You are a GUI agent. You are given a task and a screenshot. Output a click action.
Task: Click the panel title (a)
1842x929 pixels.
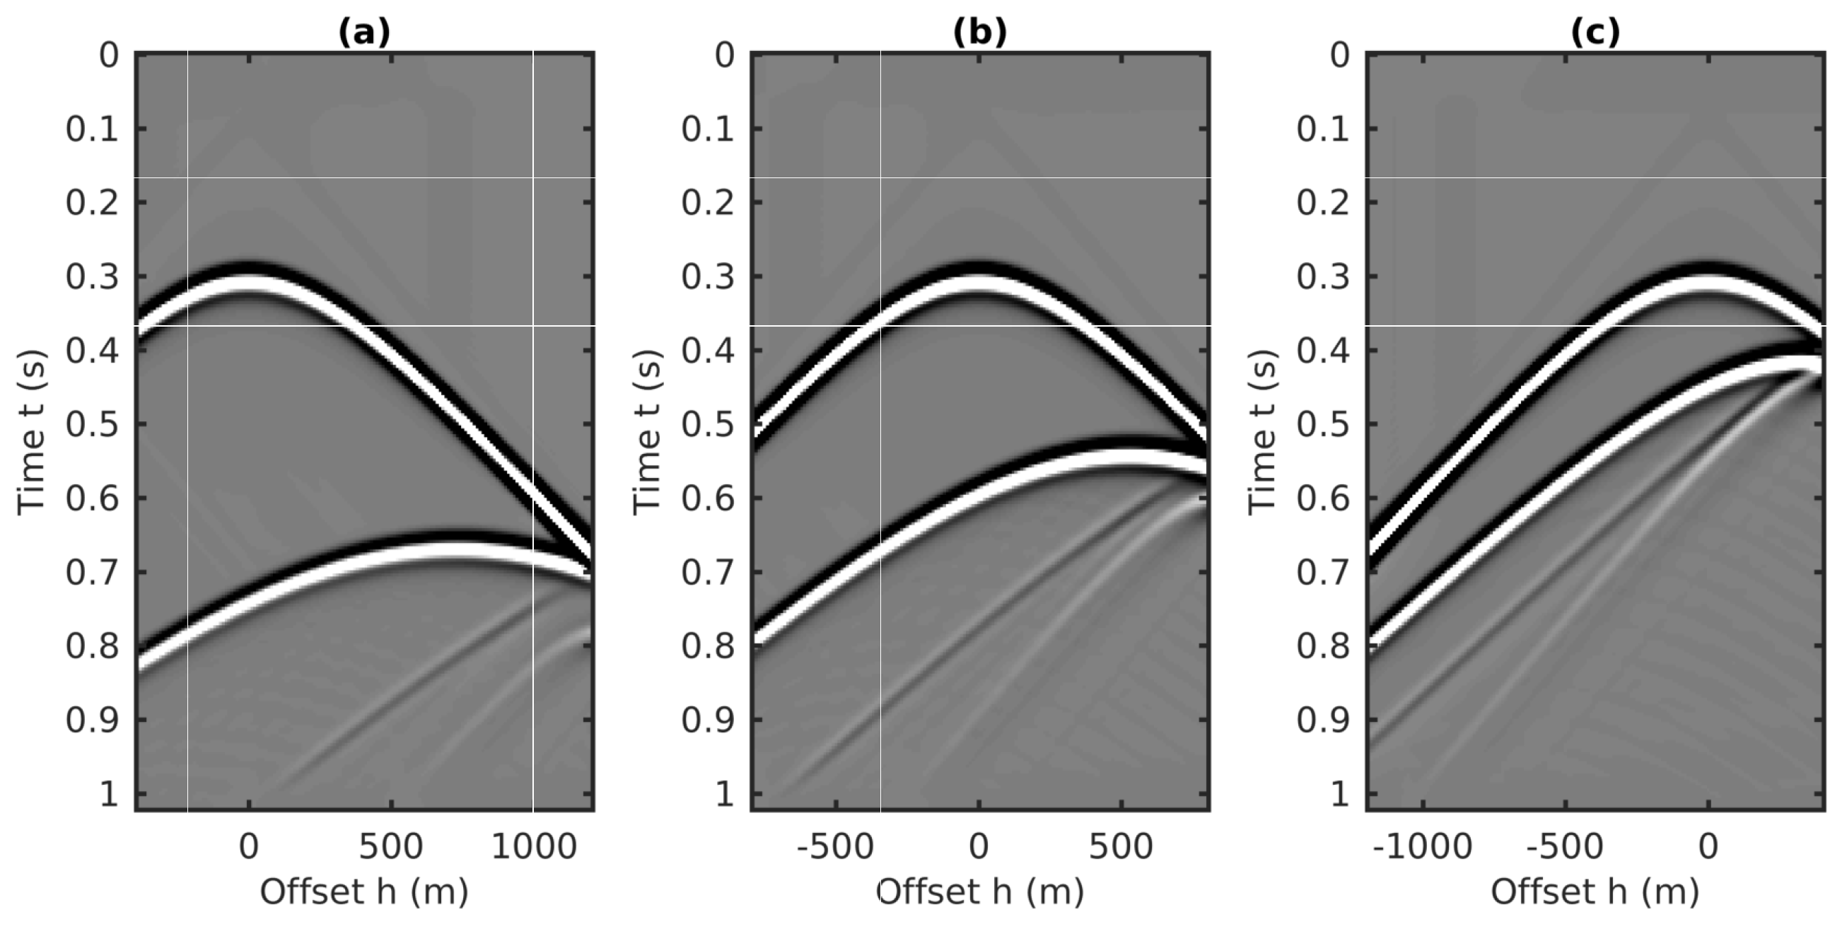364,33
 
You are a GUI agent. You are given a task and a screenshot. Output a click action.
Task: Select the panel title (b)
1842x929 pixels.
979,33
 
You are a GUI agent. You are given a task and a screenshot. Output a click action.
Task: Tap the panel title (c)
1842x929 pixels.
1595,33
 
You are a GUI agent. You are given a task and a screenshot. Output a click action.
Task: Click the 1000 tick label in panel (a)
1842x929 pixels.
533,847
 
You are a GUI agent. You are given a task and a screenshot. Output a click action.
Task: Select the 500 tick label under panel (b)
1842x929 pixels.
1121,847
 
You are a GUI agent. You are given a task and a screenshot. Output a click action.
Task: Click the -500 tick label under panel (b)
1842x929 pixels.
834,847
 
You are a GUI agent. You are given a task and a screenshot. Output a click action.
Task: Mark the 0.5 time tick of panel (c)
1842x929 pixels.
1323,424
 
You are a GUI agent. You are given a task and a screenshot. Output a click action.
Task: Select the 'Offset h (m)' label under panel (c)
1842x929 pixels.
1595,892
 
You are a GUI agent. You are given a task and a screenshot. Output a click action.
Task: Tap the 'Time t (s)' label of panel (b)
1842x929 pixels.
646,432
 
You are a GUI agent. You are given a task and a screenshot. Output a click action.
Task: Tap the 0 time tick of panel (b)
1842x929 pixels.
724,55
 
